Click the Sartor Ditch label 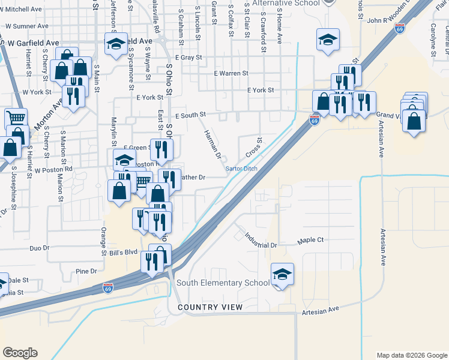point(241,169)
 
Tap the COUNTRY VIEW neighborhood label point(210,307)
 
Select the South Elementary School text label point(223,283)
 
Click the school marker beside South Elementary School point(282,274)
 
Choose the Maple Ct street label point(310,240)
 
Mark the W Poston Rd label point(53,170)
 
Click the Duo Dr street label point(39,248)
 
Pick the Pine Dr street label point(87,272)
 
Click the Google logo point(20,353)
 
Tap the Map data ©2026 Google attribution point(411,355)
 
